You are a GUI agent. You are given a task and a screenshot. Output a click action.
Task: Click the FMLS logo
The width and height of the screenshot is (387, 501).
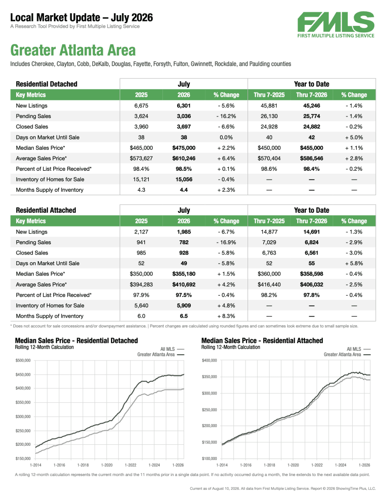[336, 25]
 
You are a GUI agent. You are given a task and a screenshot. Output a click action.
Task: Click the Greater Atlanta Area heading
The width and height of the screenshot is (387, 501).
[73, 50]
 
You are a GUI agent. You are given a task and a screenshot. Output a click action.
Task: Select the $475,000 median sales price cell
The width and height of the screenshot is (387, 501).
[184, 148]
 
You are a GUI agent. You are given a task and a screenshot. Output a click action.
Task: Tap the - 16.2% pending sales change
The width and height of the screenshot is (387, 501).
[226, 116]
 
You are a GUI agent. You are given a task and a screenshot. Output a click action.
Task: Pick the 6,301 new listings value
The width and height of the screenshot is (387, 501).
[184, 106]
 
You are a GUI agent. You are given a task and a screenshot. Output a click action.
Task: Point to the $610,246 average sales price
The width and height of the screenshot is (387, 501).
[184, 159]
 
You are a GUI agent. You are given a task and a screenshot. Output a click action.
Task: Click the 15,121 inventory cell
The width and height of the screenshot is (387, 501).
[141, 180]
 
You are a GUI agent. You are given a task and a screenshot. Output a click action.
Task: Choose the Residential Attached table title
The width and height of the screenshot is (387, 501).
[46, 210]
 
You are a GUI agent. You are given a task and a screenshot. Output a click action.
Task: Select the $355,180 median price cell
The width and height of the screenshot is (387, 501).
[184, 274]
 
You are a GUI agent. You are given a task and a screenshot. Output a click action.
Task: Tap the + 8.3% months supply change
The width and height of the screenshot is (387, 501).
[226, 316]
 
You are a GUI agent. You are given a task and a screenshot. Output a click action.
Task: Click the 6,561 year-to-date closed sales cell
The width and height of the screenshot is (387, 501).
[312, 253]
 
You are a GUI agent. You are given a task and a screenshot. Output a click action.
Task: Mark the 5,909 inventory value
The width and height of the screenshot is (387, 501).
[184, 305]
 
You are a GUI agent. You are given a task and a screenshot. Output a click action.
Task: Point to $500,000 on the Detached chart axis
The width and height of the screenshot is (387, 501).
[23, 361]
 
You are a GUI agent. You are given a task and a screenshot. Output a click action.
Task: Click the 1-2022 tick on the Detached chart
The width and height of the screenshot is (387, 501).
[130, 465]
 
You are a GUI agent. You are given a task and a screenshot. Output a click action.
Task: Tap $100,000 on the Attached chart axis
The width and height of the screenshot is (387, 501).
[209, 458]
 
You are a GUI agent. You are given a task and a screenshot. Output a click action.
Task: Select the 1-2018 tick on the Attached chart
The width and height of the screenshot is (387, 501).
[270, 465]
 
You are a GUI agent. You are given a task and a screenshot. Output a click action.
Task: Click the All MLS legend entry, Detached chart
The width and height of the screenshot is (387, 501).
[172, 349]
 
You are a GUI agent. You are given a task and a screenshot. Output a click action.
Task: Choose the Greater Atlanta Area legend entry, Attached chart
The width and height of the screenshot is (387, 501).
[347, 354]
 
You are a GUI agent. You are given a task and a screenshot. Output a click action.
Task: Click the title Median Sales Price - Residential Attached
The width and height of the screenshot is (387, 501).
[262, 341]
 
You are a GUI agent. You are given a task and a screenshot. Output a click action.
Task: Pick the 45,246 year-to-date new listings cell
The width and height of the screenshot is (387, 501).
[312, 106]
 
